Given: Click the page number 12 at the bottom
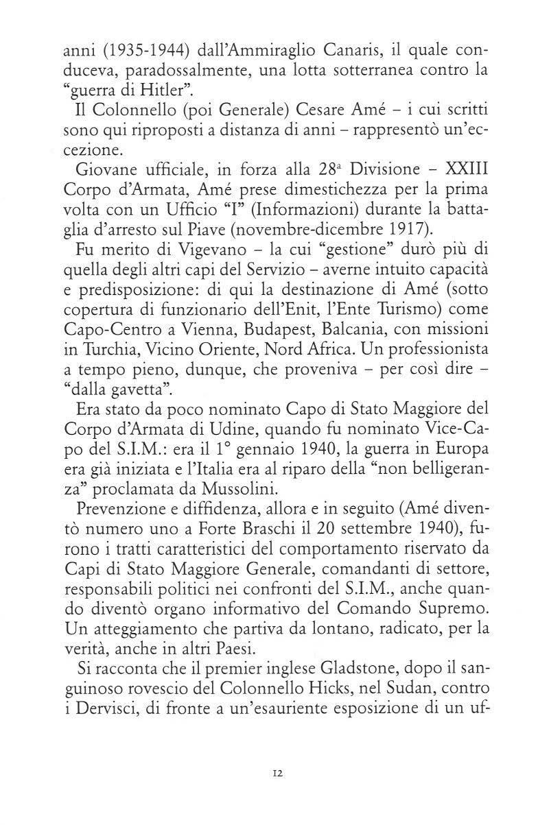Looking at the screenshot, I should pyautogui.click(x=277, y=773).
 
